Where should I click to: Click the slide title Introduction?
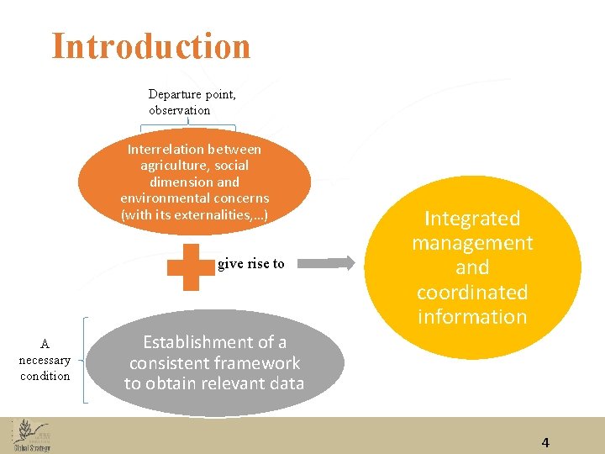coord(151,46)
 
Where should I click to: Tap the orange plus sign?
coord(191,267)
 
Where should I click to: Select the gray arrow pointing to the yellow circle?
coord(328,263)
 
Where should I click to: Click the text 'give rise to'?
coord(251,264)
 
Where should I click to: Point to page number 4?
coord(545,442)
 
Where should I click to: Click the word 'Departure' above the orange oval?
coord(175,94)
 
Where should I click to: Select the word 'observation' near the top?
coord(180,110)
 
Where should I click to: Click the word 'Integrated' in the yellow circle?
coord(472,219)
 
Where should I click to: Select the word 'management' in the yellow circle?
coord(472,244)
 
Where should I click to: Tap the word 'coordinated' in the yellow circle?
coord(472,293)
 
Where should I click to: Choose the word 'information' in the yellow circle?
coord(472,317)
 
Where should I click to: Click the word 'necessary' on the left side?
coord(45,360)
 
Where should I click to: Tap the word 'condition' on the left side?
coord(45,376)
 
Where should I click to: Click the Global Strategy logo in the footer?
coord(32,436)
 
